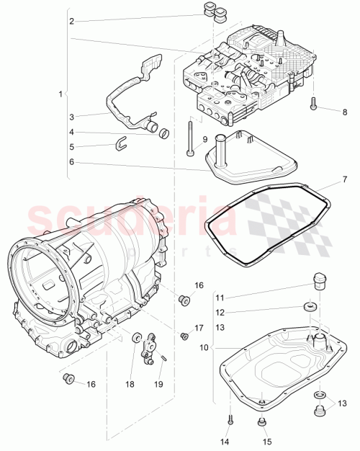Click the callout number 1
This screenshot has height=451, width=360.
pos(61,94)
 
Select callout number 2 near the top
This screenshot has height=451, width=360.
pos(71,22)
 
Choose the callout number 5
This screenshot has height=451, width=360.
pos(71,147)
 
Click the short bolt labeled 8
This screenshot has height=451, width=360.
pos(315,105)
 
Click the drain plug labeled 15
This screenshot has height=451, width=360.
pos(261,422)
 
